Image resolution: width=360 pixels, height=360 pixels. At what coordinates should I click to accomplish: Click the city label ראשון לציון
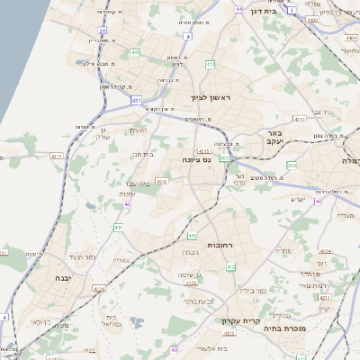coord(211,97)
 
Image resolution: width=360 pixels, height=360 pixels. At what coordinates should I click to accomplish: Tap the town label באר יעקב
coord(274,137)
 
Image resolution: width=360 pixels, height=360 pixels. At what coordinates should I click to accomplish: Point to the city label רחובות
coord(221,244)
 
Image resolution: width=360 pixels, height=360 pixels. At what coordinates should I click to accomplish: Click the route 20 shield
coord(103,31)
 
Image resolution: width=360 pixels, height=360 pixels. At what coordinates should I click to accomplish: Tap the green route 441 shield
coord(134,54)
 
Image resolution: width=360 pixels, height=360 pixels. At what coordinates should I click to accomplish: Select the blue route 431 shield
coord(136,102)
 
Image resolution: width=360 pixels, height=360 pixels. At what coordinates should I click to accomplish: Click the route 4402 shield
coord(349,39)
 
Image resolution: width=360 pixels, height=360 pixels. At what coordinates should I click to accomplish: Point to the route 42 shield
coord(127,204)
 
